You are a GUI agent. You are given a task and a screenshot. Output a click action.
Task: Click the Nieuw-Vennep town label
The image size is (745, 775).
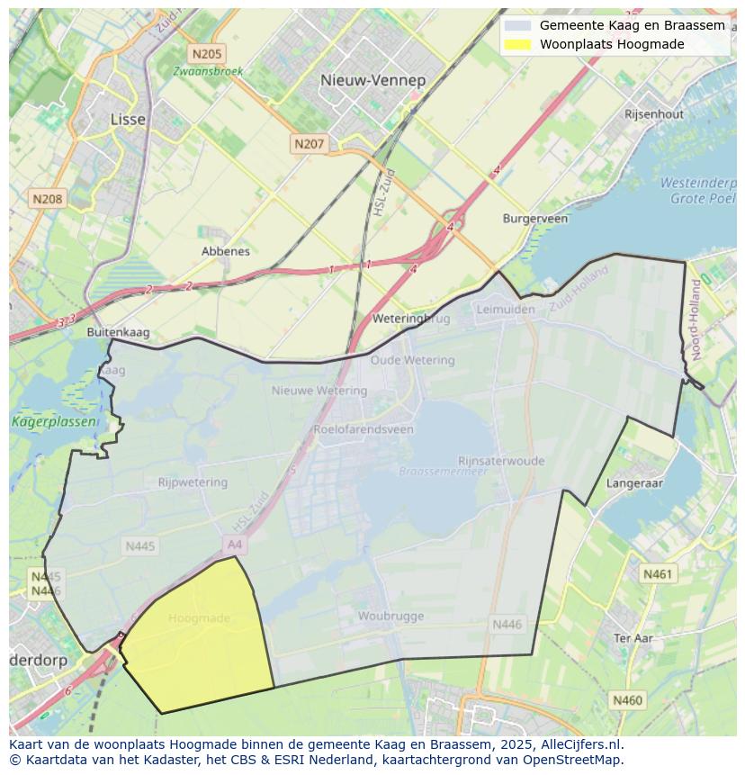[372, 80]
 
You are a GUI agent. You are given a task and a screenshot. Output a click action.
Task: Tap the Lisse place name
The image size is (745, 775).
[127, 119]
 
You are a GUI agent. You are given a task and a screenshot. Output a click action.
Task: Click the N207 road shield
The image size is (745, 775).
[309, 143]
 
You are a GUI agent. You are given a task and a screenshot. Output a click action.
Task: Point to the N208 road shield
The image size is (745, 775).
[47, 199]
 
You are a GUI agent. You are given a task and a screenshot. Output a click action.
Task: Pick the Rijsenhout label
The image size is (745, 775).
[654, 114]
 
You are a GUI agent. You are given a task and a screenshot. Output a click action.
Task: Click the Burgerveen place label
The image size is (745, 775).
[534, 219]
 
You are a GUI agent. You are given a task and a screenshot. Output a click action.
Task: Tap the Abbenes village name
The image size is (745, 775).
[226, 251]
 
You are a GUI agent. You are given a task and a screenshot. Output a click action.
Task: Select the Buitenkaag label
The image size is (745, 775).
[118, 332]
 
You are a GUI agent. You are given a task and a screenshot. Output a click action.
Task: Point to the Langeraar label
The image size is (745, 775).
[634, 483]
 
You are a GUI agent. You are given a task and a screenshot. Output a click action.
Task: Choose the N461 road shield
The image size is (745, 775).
[658, 573]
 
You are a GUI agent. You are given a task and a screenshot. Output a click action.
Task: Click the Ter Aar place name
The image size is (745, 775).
[633, 637]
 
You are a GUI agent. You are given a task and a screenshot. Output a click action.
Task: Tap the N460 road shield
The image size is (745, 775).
[627, 699]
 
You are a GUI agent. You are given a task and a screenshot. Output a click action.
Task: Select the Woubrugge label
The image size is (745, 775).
[390, 617]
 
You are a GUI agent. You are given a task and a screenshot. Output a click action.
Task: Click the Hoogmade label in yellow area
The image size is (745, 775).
[199, 618]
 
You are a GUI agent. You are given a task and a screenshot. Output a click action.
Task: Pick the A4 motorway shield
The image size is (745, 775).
[235, 545]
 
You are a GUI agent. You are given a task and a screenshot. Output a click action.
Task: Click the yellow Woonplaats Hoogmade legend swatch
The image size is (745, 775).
[517, 44]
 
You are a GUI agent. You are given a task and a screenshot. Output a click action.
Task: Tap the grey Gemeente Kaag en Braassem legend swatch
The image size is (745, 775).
[517, 25]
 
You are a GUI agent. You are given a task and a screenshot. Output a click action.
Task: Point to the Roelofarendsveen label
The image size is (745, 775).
[364, 429]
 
